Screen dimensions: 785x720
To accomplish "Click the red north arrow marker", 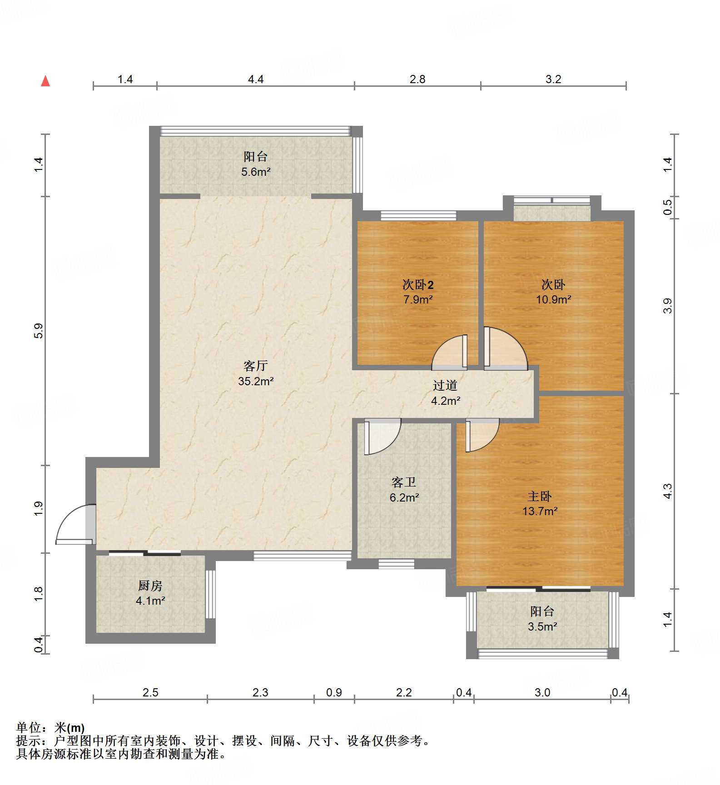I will (x=45, y=81).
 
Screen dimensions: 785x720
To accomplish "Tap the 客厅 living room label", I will (x=255, y=366).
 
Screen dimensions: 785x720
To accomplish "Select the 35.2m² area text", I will (x=255, y=381).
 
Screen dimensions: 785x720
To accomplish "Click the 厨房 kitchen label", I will (x=150, y=586).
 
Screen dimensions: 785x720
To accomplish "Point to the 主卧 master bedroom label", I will (x=540, y=496).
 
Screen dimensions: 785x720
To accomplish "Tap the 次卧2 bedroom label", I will (x=418, y=285).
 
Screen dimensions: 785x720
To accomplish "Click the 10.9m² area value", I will (x=553, y=299).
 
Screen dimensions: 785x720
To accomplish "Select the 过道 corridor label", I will (x=445, y=385).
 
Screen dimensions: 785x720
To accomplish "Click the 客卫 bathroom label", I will (x=403, y=482).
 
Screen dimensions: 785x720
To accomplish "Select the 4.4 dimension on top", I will (x=256, y=79).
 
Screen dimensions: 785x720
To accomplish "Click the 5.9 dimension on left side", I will (x=39, y=331).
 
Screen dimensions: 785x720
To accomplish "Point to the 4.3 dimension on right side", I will (x=667, y=491).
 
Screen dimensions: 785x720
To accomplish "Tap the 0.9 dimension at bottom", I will (x=334, y=692).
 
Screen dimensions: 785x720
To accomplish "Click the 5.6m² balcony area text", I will (x=256, y=172).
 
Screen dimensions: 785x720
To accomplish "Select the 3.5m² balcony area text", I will (x=542, y=626).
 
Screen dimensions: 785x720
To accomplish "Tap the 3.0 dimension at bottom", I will (x=542, y=692).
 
